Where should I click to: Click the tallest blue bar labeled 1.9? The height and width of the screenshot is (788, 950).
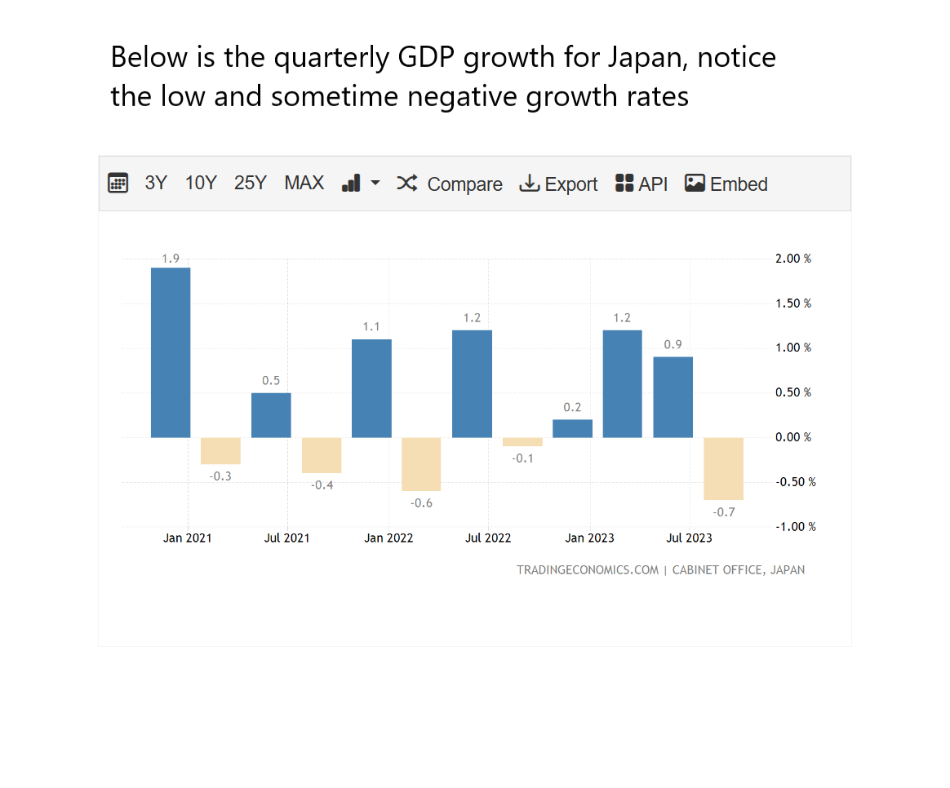(171, 352)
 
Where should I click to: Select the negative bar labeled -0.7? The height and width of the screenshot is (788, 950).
(723, 468)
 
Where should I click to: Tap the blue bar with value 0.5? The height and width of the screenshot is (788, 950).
(271, 415)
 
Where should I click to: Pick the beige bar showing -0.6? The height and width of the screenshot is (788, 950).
(421, 464)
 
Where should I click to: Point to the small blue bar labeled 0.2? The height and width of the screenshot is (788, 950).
(572, 428)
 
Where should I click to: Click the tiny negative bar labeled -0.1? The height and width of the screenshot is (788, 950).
(522, 442)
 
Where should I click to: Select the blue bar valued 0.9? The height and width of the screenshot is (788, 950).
(673, 397)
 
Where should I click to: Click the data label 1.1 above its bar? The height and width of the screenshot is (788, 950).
(371, 327)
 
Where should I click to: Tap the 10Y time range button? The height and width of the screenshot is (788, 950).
(201, 184)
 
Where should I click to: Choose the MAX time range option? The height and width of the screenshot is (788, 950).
(304, 184)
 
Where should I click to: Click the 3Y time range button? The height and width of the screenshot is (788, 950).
(156, 184)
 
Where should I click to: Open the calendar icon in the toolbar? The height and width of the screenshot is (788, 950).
(118, 184)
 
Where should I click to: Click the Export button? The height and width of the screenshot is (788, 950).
(559, 184)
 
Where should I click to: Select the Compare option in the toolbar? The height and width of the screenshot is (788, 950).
(450, 184)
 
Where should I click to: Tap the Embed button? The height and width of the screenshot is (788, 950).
(726, 184)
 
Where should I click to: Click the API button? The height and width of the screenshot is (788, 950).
(641, 184)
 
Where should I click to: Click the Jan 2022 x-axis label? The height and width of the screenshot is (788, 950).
(388, 538)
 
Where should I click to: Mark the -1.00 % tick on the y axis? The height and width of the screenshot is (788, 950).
(794, 527)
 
